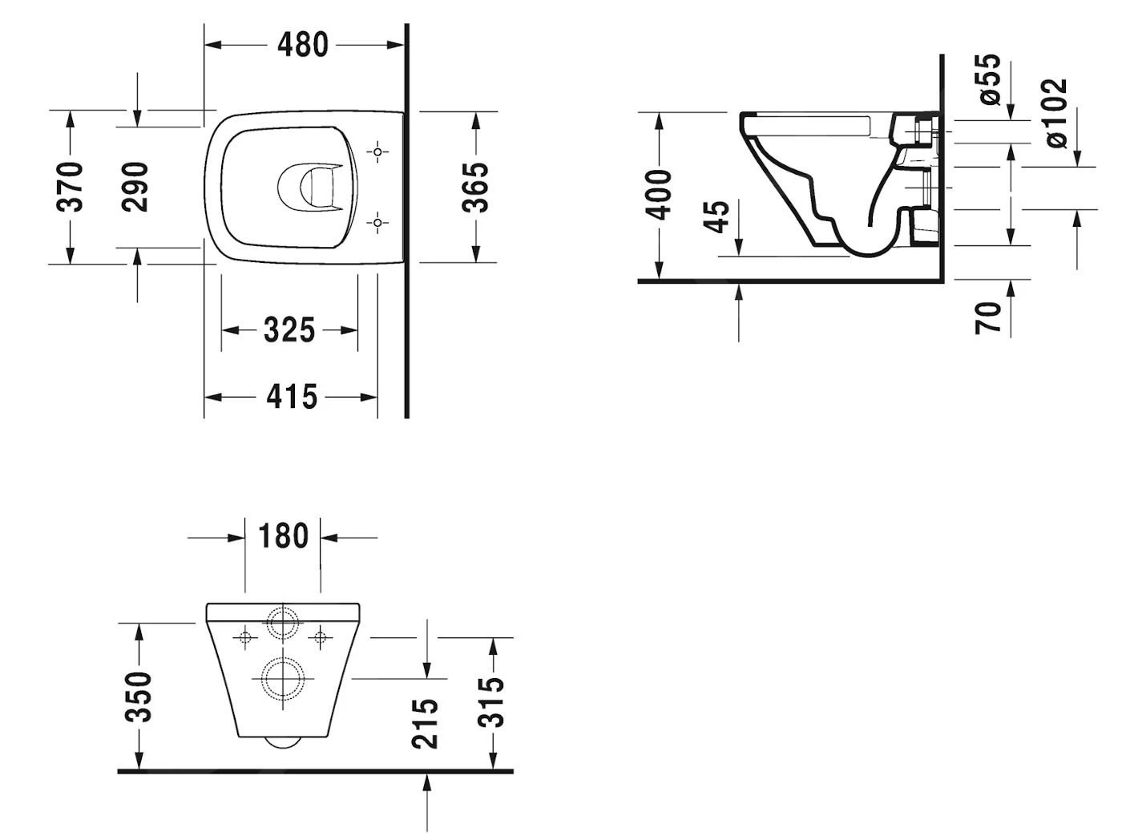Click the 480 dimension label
click(x=303, y=45)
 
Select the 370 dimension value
click(x=71, y=186)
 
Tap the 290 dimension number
click(x=135, y=186)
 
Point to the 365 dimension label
click(x=476, y=187)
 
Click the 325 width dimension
click(x=289, y=329)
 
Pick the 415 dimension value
click(x=292, y=397)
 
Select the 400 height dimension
click(x=660, y=195)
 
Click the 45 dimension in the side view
click(x=718, y=216)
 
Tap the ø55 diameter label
click(x=991, y=79)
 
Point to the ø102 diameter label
click(x=1056, y=112)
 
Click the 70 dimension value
click(x=989, y=317)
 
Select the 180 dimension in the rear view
click(x=283, y=536)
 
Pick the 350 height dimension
click(x=139, y=697)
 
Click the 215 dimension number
click(x=426, y=722)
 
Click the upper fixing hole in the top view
click(x=378, y=151)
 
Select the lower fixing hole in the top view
click(x=378, y=223)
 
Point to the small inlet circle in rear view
click(x=283, y=622)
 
